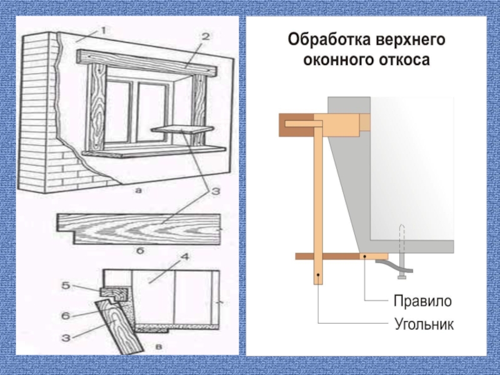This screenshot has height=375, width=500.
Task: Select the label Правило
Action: point(422,301)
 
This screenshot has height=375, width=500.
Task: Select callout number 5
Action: point(66,286)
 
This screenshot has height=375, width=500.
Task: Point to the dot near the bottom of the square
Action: point(317,274)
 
